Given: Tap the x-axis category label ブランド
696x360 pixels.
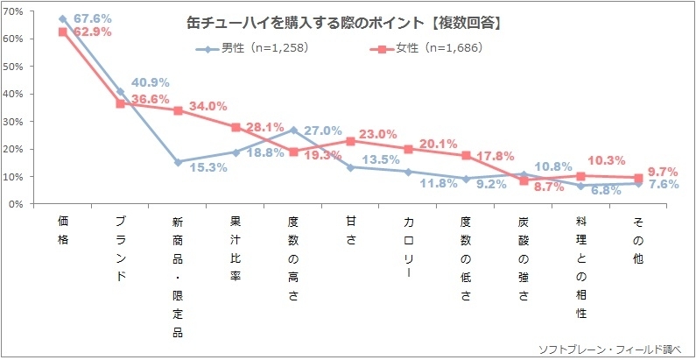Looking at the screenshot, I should pyautogui.click(x=120, y=248).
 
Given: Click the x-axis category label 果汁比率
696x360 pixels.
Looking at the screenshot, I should pyautogui.click(x=235, y=248).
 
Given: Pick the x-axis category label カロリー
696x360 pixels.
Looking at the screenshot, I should pyautogui.click(x=408, y=248).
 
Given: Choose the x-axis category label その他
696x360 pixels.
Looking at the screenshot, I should pyautogui.click(x=638, y=240).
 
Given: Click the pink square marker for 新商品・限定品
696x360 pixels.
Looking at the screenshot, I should pyautogui.click(x=178, y=111).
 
